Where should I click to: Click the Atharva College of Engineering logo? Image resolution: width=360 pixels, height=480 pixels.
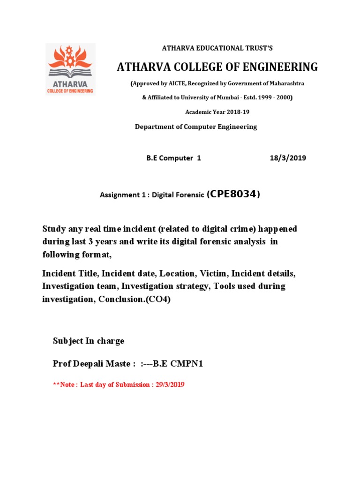tap(70, 69)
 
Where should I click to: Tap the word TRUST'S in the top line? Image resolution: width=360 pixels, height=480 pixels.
tap(259, 48)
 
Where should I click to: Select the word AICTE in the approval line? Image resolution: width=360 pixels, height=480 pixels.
tap(175, 83)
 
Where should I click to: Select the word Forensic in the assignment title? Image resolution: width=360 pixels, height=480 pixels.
tap(189, 195)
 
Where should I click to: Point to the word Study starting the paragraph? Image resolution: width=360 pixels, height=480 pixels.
tap(53, 229)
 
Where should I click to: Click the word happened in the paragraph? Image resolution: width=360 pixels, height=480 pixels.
tap(276, 229)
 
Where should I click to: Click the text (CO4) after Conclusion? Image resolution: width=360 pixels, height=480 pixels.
tap(158, 299)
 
